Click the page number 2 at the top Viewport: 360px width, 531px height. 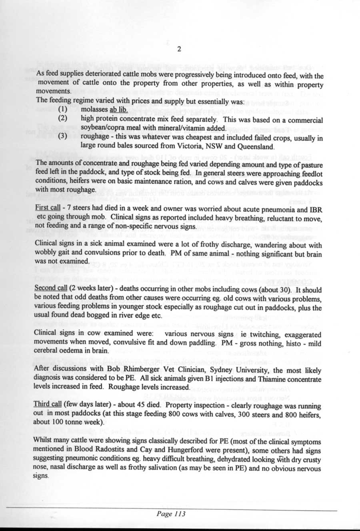coord(180,49)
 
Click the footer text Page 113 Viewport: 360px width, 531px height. coord(171,514)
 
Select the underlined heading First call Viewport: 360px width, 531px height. coord(47,210)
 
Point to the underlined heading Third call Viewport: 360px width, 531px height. coord(47,404)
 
